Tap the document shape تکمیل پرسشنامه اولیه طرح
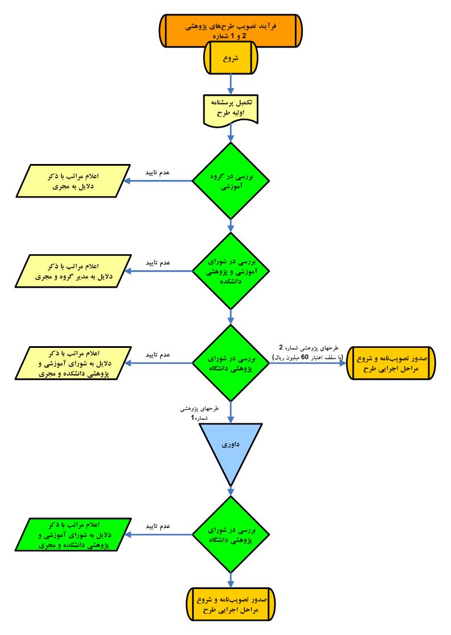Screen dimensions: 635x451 click(x=231, y=110)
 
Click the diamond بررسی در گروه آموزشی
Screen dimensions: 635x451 click(x=231, y=181)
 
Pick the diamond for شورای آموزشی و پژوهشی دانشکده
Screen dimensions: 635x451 click(x=231, y=271)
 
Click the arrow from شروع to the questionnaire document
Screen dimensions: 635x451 click(x=231, y=83)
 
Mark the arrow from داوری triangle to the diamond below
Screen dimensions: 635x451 click(x=231, y=489)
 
